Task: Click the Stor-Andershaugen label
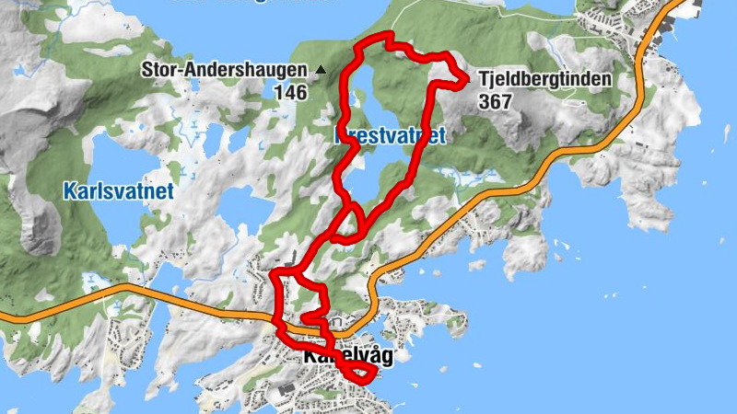[223, 70]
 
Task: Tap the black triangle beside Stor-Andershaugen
[321, 70]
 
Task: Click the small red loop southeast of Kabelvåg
[359, 373]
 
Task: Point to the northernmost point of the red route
[389, 35]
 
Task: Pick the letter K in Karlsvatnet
[69, 191]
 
